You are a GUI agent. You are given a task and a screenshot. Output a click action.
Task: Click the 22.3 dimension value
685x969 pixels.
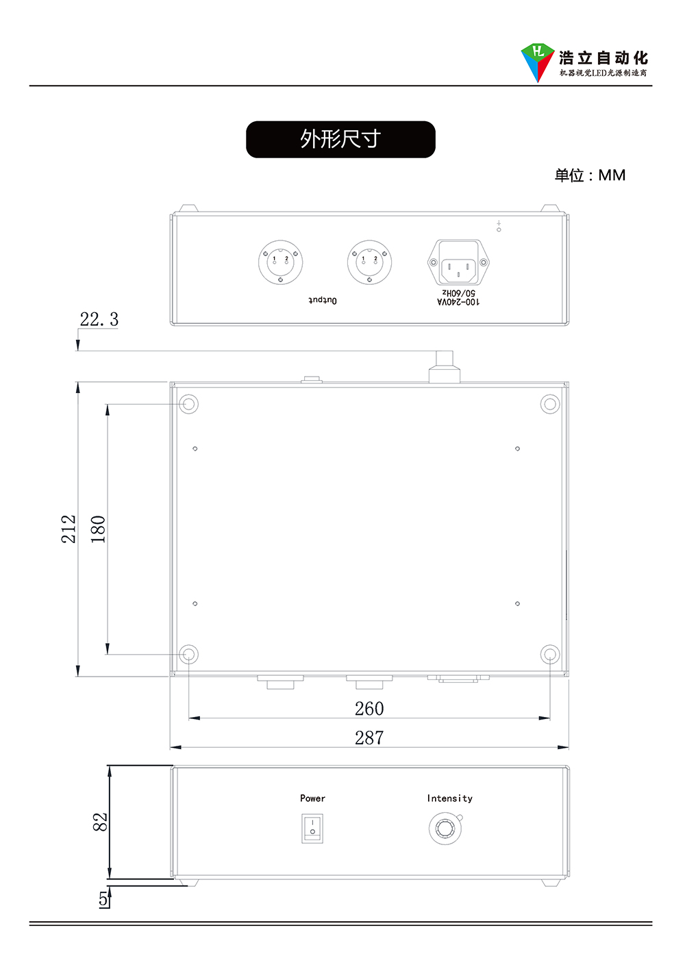99,319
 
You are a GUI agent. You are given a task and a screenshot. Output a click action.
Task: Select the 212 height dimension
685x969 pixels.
68,529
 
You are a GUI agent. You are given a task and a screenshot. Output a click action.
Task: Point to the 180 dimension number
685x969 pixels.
98,529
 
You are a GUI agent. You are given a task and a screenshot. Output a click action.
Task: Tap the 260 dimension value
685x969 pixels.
369,709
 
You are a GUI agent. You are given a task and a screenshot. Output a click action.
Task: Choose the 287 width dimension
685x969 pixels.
369,738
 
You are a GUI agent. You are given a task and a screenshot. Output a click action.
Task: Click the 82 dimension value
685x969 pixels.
100,822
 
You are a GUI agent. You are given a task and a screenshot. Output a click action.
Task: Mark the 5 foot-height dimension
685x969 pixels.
103,898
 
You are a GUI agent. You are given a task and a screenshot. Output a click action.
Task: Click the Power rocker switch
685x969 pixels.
312,829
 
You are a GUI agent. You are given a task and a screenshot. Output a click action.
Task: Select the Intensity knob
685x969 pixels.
445,829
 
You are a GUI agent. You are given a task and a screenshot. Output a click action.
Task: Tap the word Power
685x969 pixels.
312,798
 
